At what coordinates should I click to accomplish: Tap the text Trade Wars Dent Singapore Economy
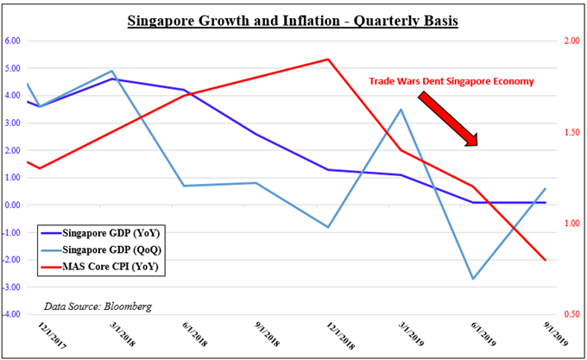click(451, 81)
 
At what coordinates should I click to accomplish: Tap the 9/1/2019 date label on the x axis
click(535, 338)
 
